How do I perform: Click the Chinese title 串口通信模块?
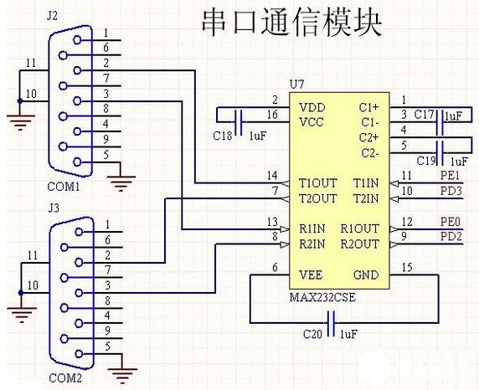tap(291, 23)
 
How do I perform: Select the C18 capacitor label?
tap(222, 136)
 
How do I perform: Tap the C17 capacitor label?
tap(424, 114)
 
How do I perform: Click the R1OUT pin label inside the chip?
tap(360, 228)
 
